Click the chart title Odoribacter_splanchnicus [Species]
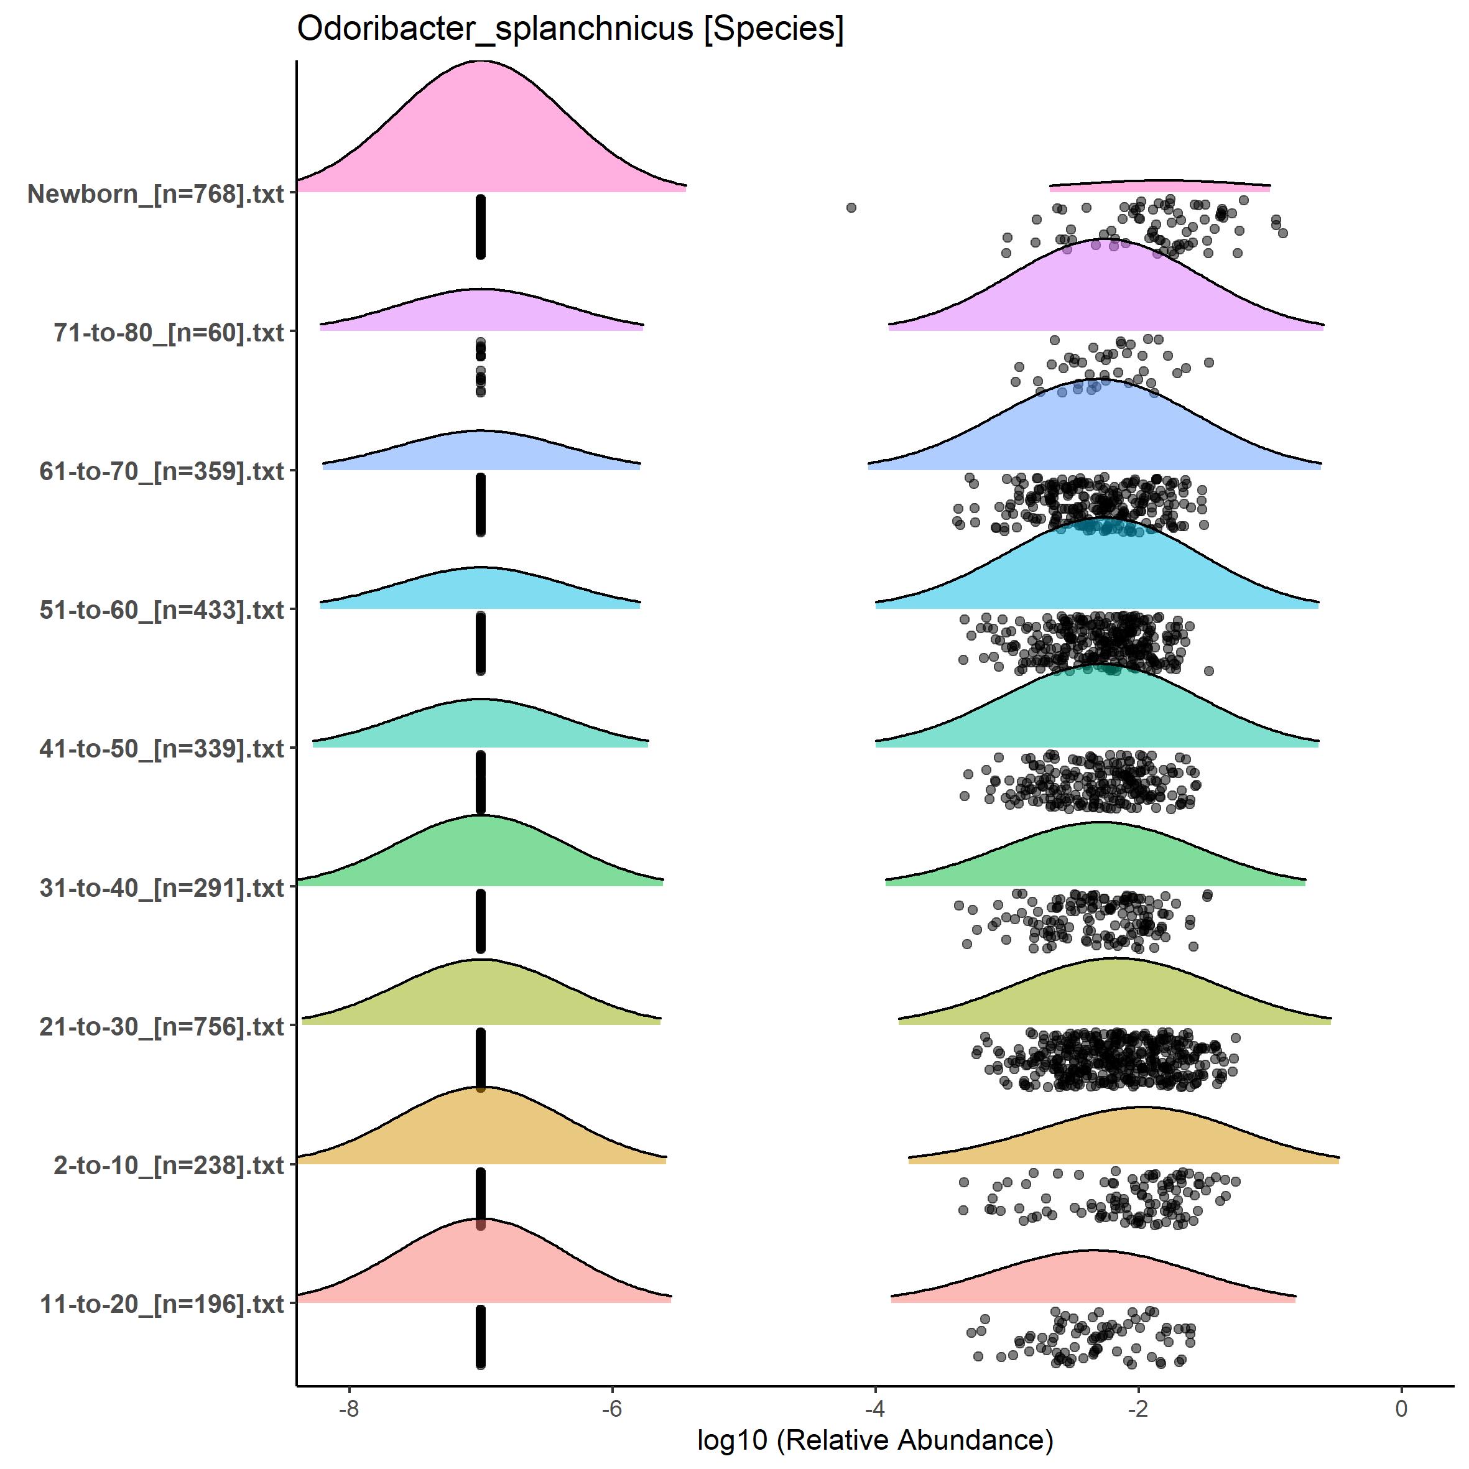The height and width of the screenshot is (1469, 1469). pos(570,30)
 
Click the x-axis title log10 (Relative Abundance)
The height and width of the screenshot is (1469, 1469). pos(874,1440)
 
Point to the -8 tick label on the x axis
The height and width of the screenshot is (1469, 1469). pos(348,1409)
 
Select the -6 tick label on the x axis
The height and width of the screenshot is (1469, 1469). pos(611,1409)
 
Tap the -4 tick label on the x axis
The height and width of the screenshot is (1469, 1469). pos(874,1409)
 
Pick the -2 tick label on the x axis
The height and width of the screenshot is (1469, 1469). pos(1138,1409)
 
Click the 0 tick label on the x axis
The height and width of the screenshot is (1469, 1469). pos(1401,1409)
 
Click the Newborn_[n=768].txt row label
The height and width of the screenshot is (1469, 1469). pos(156,194)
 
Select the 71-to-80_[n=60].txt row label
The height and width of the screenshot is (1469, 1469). pos(169,332)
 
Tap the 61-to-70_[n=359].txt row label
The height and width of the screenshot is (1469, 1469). pos(162,471)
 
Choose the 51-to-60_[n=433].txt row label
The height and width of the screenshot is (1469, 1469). pos(162,609)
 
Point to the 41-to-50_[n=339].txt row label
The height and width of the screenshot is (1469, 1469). pos(162,749)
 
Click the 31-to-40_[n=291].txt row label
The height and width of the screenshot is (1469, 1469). pos(162,887)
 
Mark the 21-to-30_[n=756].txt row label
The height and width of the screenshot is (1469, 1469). pos(162,1026)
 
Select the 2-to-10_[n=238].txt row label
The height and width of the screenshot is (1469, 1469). pos(169,1165)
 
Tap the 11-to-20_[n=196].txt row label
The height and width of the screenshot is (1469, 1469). pos(162,1304)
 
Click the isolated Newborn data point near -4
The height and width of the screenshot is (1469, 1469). pos(851,208)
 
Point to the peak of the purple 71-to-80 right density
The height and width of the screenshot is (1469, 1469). pos(1103,240)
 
